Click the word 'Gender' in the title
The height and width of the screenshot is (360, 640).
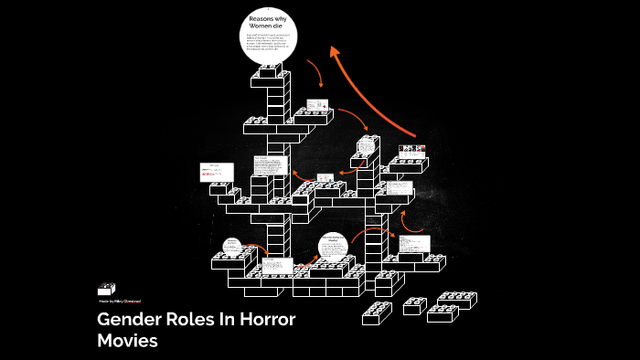pyautogui.click(x=128, y=321)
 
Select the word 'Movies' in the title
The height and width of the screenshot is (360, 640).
pyautogui.click(x=128, y=341)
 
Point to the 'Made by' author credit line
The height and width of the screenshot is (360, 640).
pyautogui.click(x=120, y=301)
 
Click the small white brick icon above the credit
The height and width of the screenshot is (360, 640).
pyautogui.click(x=107, y=288)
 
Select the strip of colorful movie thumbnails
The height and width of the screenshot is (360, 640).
pyautogui.click(x=412, y=148)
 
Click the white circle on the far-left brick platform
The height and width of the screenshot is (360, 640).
pyautogui.click(x=231, y=246)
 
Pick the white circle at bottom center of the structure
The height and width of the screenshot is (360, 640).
pyautogui.click(x=334, y=247)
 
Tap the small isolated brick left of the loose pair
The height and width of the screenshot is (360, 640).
pyautogui.click(x=415, y=306)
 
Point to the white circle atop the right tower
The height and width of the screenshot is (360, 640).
pyautogui.click(x=368, y=146)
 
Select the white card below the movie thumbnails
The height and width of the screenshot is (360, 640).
pyautogui.click(x=399, y=188)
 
